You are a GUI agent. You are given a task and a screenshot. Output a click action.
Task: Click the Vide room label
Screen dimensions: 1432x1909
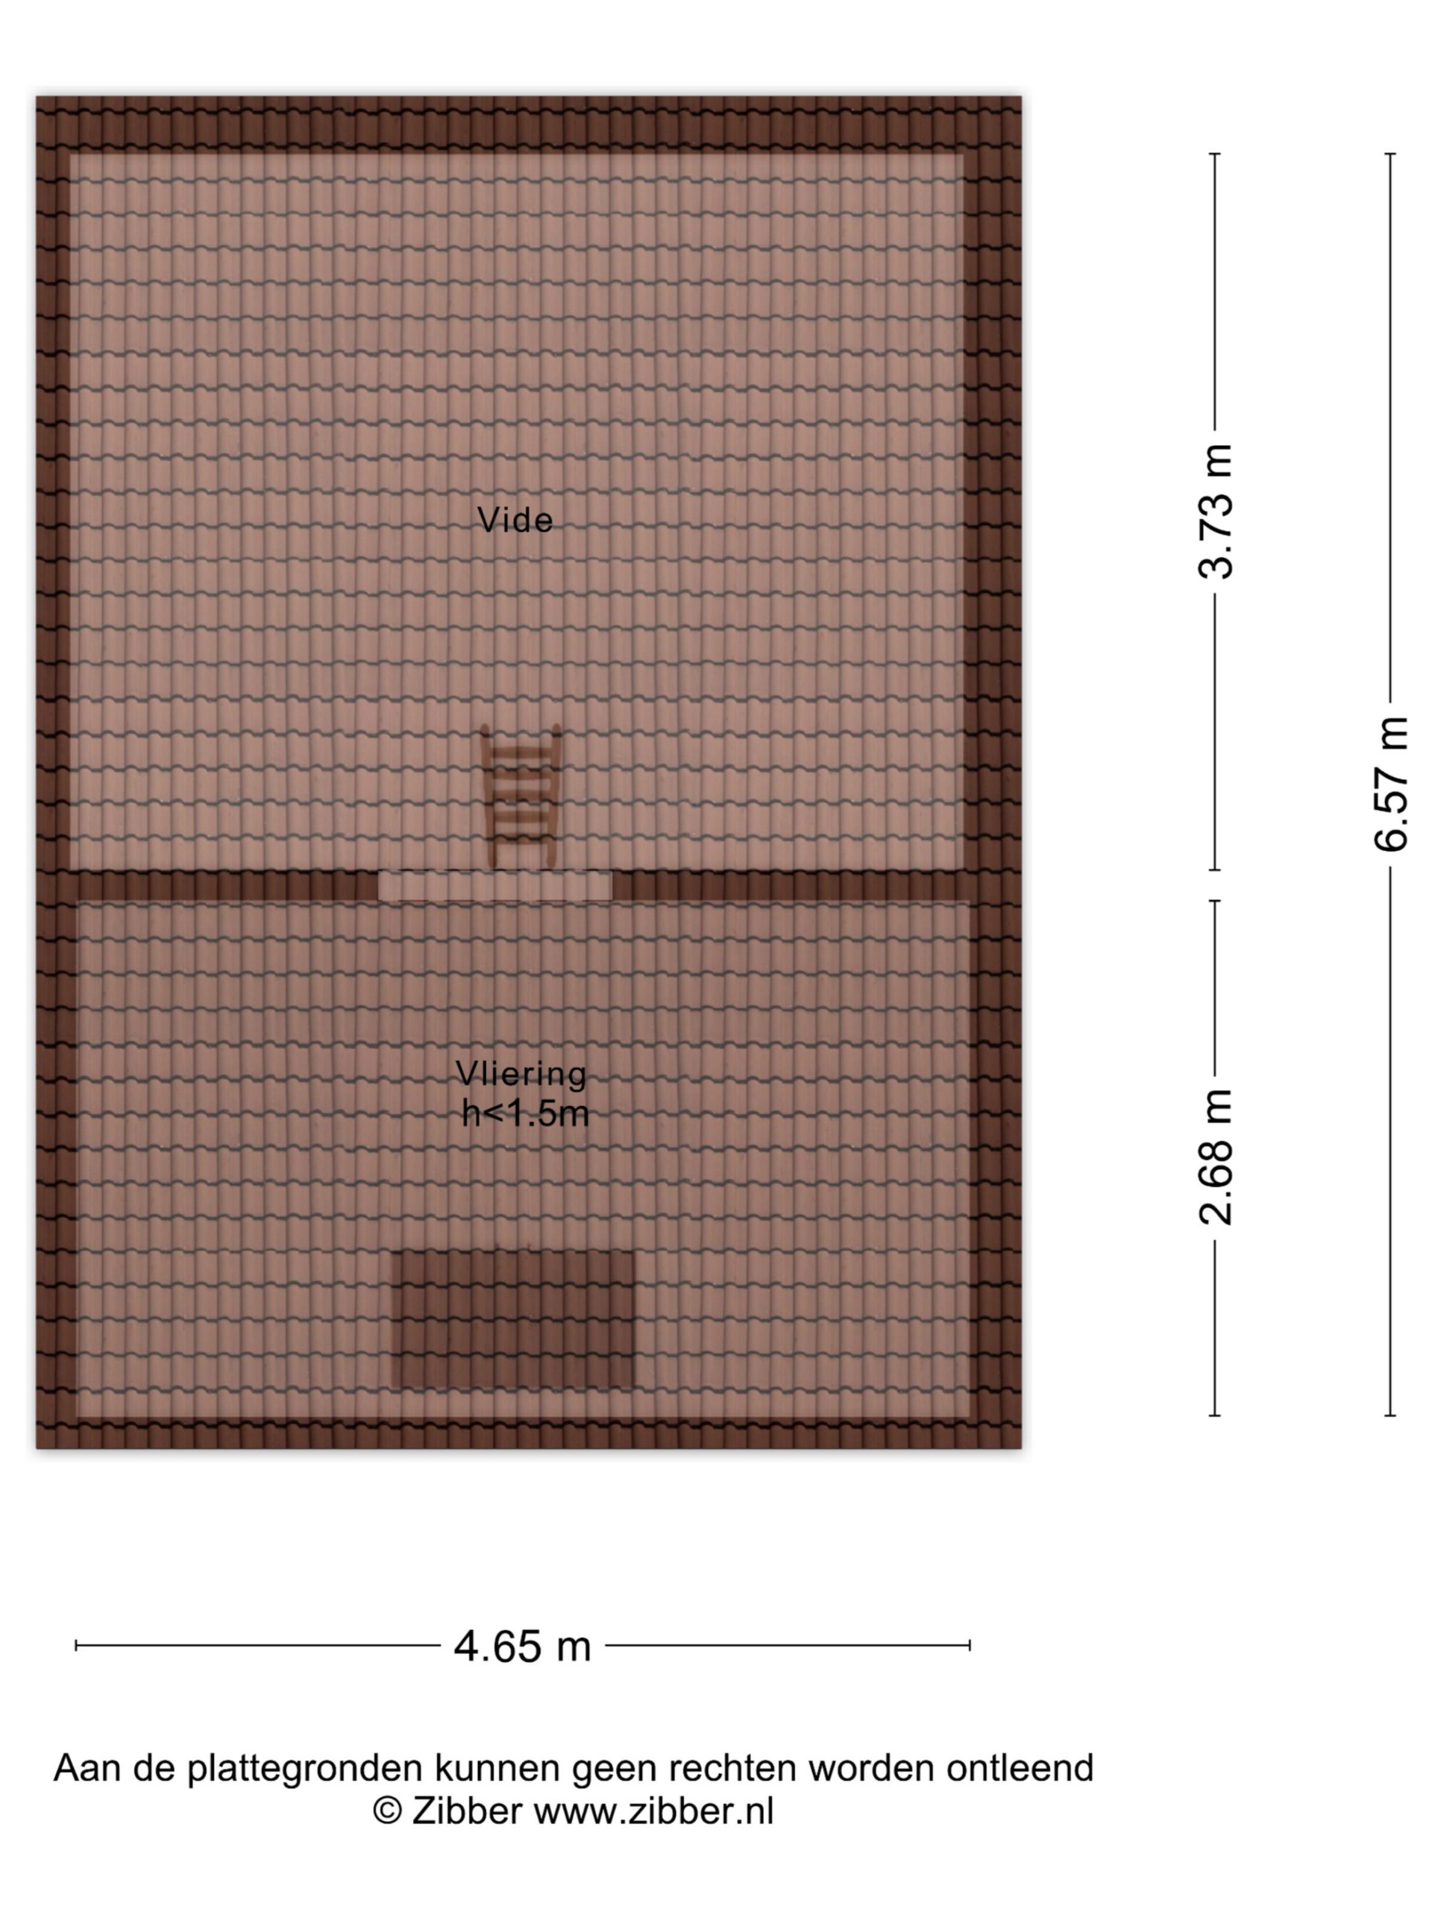[515, 520]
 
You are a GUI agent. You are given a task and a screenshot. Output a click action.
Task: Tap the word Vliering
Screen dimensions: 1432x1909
[521, 1074]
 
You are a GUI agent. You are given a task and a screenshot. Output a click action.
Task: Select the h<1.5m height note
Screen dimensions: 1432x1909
[525, 1113]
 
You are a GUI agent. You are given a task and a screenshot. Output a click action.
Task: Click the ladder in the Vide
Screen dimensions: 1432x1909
[521, 796]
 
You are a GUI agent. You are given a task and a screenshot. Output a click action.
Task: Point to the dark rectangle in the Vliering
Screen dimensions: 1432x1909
[512, 1320]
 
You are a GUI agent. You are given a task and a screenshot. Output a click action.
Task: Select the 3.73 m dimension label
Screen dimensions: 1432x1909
[1216, 511]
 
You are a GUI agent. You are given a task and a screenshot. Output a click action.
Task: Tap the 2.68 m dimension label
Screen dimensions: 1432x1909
[1216, 1157]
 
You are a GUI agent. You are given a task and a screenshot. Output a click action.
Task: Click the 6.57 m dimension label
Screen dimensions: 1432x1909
[1390, 784]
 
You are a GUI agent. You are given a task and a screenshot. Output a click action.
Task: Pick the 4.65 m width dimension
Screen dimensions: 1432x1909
[522, 1647]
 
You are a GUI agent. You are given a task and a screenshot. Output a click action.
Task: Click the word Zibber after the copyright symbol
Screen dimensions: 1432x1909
[467, 1811]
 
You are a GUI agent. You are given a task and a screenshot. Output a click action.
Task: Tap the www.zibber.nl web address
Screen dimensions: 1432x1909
[653, 1811]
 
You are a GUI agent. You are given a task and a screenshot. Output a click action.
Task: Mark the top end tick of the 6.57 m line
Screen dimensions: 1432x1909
[1390, 154]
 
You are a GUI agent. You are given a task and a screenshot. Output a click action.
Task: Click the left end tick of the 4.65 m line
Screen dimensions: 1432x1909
[76, 1646]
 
